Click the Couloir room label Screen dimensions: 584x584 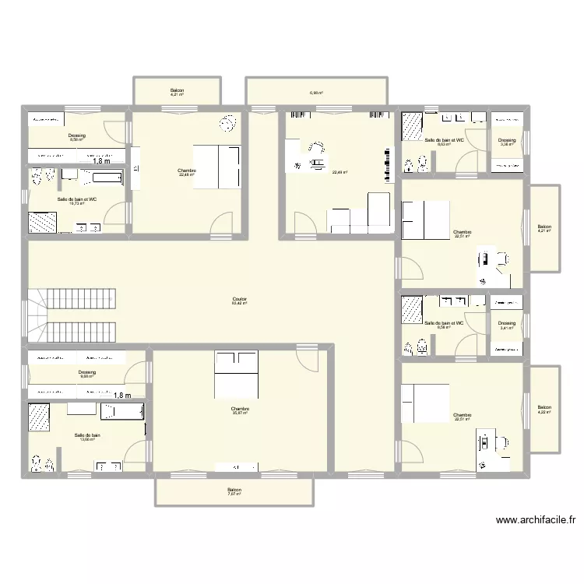(239, 301)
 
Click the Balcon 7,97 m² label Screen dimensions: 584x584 (234, 492)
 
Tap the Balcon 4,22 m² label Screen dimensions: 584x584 (544, 410)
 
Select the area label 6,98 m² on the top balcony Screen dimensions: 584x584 (316, 93)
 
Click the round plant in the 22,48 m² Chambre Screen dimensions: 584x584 (228, 124)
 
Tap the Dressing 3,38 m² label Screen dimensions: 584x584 (507, 142)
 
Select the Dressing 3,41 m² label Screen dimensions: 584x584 (507, 325)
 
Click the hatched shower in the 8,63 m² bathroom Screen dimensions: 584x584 (412, 126)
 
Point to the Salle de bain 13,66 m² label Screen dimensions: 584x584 (87, 437)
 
